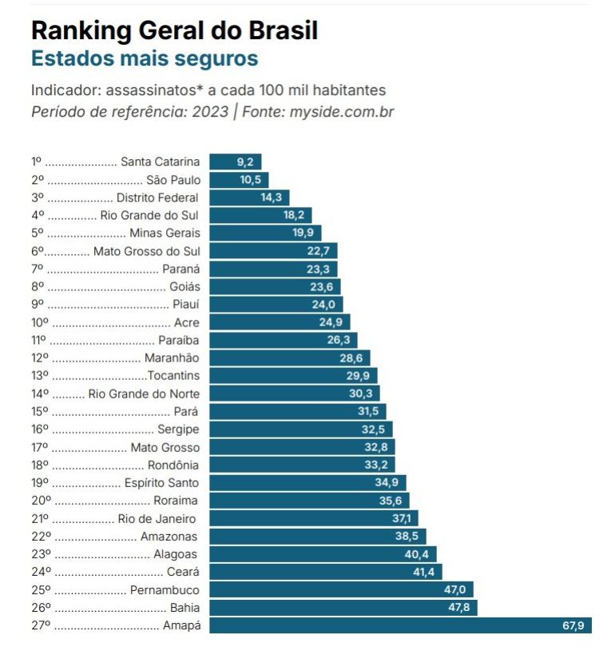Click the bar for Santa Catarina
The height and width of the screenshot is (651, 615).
(235, 162)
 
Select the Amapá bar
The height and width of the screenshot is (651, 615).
(399, 625)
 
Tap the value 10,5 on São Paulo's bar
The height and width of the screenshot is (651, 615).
(251, 180)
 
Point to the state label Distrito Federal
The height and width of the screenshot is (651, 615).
(157, 198)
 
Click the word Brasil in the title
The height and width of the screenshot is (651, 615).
(284, 30)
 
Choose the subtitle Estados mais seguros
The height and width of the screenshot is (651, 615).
(144, 58)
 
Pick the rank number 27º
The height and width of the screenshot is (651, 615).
(41, 625)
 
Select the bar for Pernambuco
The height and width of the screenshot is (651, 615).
(341, 590)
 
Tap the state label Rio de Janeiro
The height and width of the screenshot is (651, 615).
(158, 518)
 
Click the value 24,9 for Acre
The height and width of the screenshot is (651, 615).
(331, 323)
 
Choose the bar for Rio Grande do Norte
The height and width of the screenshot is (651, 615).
(294, 393)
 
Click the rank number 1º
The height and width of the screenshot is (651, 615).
(37, 162)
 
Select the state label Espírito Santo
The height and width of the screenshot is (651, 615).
(161, 483)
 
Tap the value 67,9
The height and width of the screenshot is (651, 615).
(574, 625)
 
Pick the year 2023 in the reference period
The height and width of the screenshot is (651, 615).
(210, 112)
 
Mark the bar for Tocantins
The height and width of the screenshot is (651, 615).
(293, 376)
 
